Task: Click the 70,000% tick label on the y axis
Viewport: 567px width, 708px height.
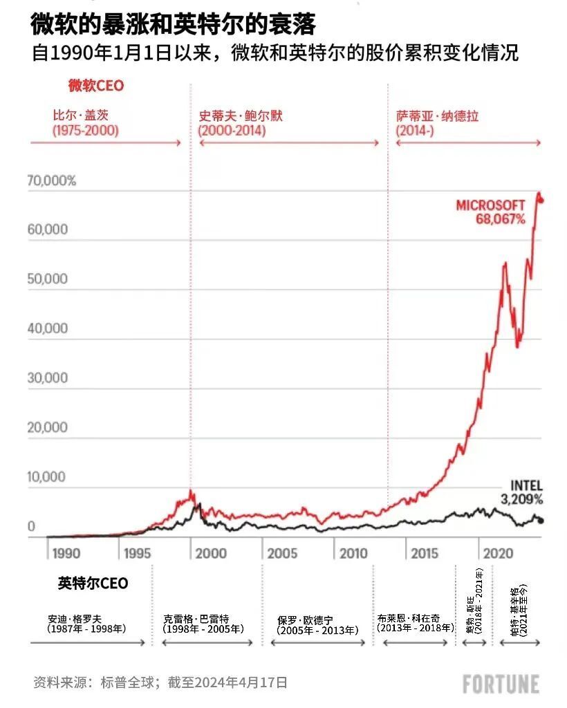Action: click(x=52, y=181)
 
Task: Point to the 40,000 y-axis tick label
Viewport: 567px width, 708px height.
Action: click(x=48, y=329)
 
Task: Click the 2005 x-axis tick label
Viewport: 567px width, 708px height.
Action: click(x=282, y=553)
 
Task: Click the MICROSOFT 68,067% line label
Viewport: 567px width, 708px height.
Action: click(x=490, y=212)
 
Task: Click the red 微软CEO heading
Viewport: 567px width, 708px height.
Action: click(x=95, y=86)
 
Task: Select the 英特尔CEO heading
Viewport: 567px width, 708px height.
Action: click(x=93, y=583)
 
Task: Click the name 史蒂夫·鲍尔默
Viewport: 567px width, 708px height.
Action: click(x=241, y=115)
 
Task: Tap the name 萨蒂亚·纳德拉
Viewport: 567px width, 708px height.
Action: click(x=437, y=115)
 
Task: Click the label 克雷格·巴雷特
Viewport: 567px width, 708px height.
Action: click(x=196, y=619)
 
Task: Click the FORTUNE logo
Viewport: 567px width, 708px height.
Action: click(x=501, y=684)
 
